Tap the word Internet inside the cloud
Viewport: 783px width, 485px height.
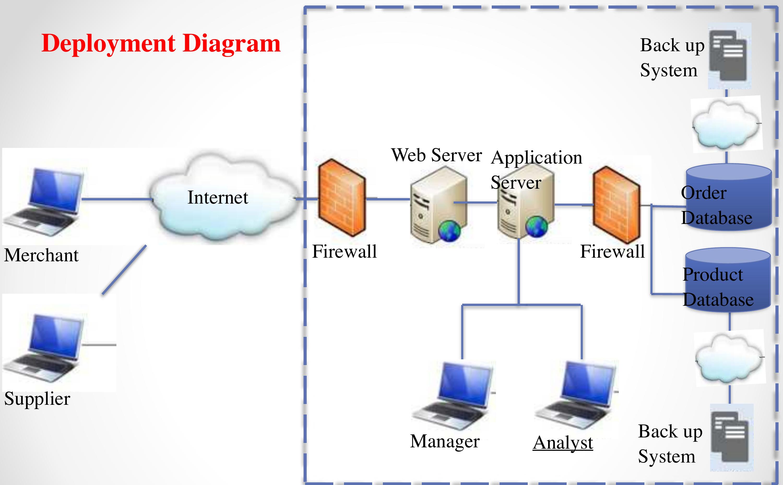coord(217,197)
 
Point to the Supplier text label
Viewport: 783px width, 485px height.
coord(37,399)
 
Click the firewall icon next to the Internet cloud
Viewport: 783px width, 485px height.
coord(342,198)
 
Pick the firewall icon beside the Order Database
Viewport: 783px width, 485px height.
coord(616,205)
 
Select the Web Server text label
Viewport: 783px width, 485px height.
coord(436,155)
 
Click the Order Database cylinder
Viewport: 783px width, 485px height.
coord(728,197)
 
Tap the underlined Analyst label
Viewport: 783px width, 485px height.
coord(562,443)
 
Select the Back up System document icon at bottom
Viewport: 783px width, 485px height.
coord(731,437)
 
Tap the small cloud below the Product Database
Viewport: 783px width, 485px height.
coord(730,358)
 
